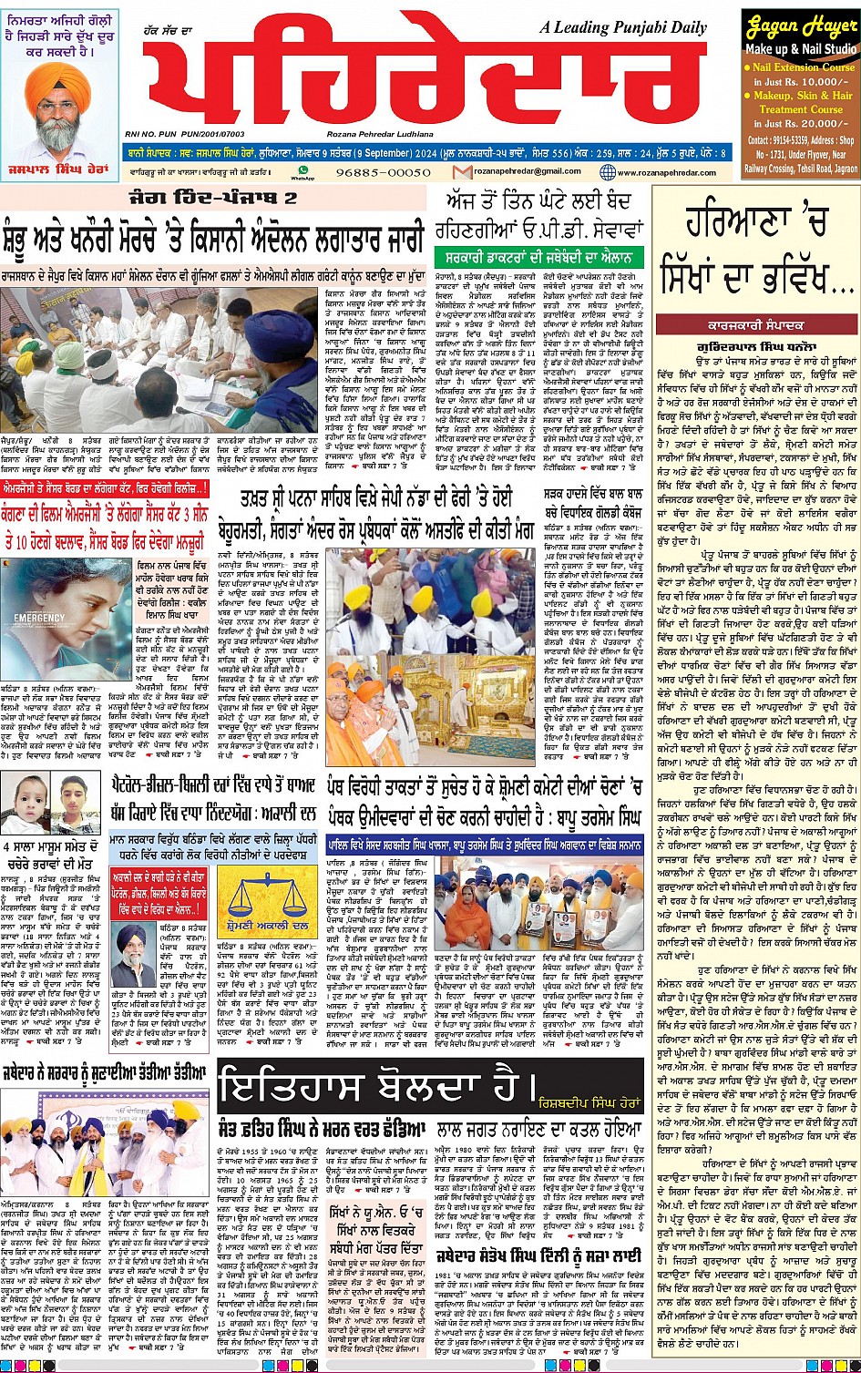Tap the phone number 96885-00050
(384, 172)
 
